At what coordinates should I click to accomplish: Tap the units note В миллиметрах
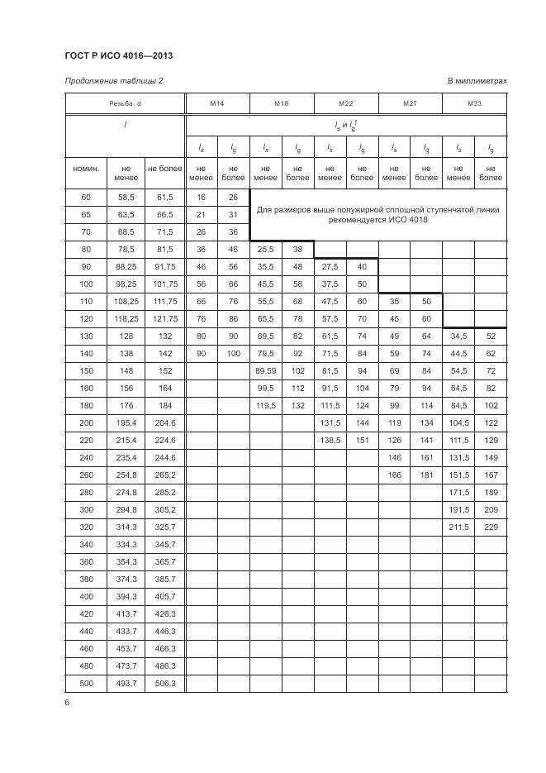[x=477, y=81]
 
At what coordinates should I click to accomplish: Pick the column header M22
[x=346, y=103]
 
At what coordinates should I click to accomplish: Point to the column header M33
[x=474, y=103]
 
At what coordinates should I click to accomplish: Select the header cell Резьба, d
[x=126, y=103]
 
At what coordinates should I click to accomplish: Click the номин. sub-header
[x=86, y=169]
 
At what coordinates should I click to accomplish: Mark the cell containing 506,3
[x=165, y=682]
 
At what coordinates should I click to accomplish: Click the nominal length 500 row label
[x=86, y=682]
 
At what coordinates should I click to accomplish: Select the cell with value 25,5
[x=264, y=248]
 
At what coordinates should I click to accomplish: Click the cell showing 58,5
[x=126, y=197]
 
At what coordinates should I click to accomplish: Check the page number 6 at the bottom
[x=67, y=703]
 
